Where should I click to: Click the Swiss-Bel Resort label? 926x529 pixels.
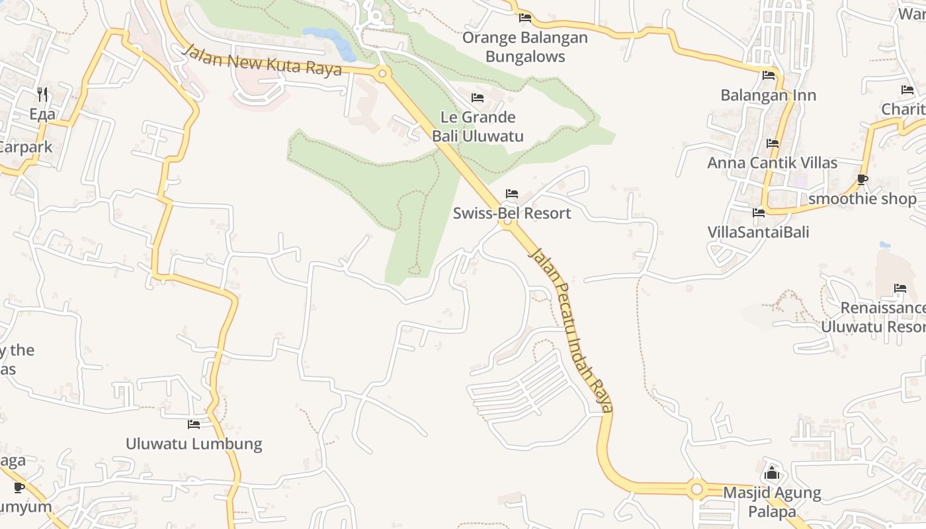tap(511, 214)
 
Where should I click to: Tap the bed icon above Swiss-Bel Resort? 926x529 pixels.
tap(511, 194)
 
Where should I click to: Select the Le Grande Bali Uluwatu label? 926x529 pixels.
tap(478, 127)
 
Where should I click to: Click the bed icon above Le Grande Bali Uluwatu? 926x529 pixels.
tap(477, 98)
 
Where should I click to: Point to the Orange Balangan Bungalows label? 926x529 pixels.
tap(525, 47)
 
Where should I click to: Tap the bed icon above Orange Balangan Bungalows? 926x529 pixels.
tap(525, 17)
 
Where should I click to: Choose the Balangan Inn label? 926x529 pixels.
tap(768, 95)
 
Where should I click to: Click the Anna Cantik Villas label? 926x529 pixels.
tap(772, 163)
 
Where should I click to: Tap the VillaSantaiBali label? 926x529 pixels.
tap(758, 232)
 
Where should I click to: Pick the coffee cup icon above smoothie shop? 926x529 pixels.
tap(862, 179)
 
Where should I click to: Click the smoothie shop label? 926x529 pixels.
tap(863, 199)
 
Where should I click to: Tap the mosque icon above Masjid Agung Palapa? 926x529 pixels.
tap(772, 473)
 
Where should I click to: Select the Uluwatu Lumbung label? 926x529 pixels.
tap(194, 444)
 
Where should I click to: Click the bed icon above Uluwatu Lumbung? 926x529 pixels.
tap(193, 424)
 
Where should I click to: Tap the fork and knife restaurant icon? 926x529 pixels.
tap(42, 94)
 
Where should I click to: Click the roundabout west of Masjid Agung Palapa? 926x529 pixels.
tap(696, 489)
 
